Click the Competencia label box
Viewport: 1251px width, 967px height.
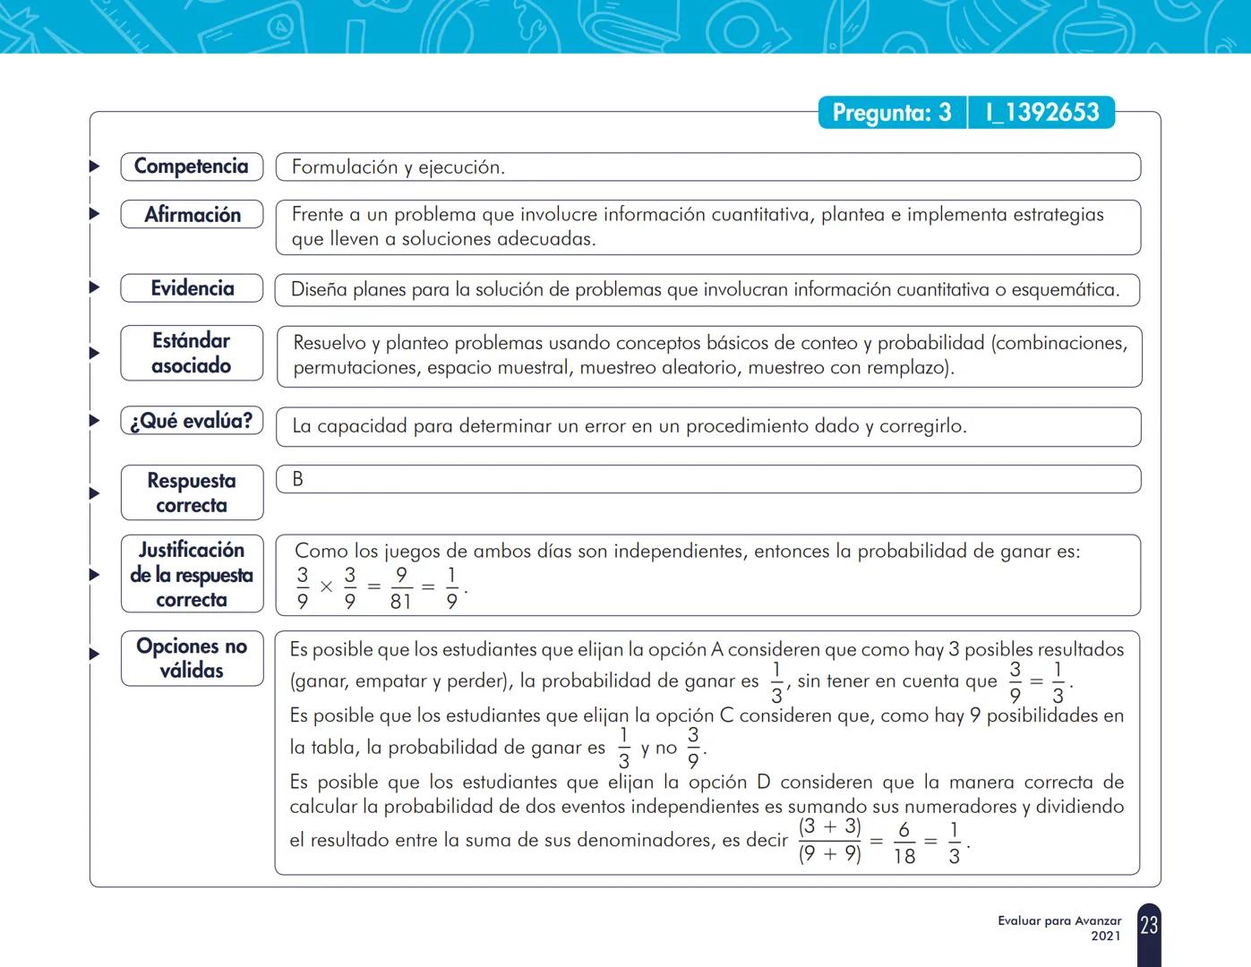pyautogui.click(x=192, y=167)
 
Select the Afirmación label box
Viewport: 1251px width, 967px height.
pyautogui.click(x=192, y=215)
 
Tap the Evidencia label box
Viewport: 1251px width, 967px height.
pyautogui.click(x=192, y=288)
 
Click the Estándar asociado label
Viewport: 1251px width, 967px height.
pyautogui.click(x=192, y=353)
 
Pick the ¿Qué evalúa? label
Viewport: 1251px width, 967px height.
pyautogui.click(x=192, y=421)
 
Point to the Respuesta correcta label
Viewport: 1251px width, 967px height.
pyautogui.click(x=192, y=492)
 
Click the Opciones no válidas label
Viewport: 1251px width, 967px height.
pyautogui.click(x=192, y=658)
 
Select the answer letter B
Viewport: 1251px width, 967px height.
pyautogui.click(x=298, y=479)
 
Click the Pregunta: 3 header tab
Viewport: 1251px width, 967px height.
pyautogui.click(x=892, y=113)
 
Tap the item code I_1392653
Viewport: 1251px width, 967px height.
pyautogui.click(x=1041, y=113)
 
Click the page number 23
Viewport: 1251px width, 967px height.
pyautogui.click(x=1149, y=925)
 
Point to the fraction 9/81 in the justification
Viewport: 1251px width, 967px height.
pyautogui.click(x=400, y=588)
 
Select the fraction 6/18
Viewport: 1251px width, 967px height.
pyautogui.click(x=904, y=843)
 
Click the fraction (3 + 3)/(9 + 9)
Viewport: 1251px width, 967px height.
pyautogui.click(x=829, y=841)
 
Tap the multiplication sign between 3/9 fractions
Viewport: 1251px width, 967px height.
pyautogui.click(x=326, y=587)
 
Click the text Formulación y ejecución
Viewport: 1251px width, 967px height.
pyautogui.click(x=398, y=167)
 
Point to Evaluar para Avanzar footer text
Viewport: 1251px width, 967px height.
pyautogui.click(x=1059, y=920)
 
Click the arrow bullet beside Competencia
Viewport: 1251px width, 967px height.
pyautogui.click(x=94, y=167)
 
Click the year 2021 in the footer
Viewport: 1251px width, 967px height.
pyautogui.click(x=1105, y=937)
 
